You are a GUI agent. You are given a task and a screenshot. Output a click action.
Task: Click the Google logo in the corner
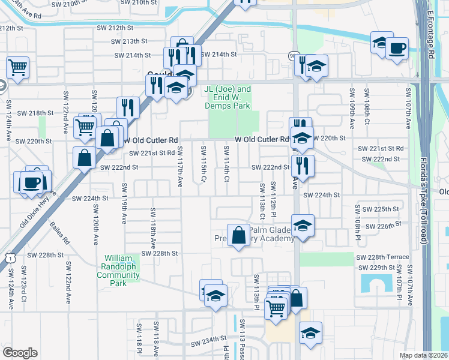pos(20,352)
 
